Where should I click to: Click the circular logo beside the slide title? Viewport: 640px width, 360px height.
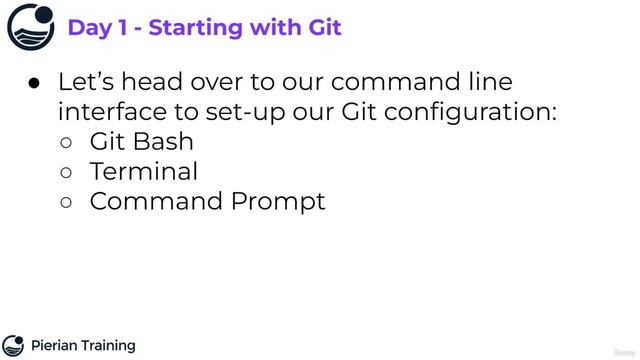point(31,27)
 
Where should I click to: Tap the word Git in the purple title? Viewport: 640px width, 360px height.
point(321,27)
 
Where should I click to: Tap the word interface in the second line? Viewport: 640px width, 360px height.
point(110,112)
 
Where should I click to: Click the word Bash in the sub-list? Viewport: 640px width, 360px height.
point(163,141)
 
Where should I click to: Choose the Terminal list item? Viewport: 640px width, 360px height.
point(144,171)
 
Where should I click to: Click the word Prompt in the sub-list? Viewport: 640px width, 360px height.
point(278,201)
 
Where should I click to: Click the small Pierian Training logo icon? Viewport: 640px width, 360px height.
point(13,346)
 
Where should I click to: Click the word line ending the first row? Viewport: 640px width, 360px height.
point(490,82)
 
